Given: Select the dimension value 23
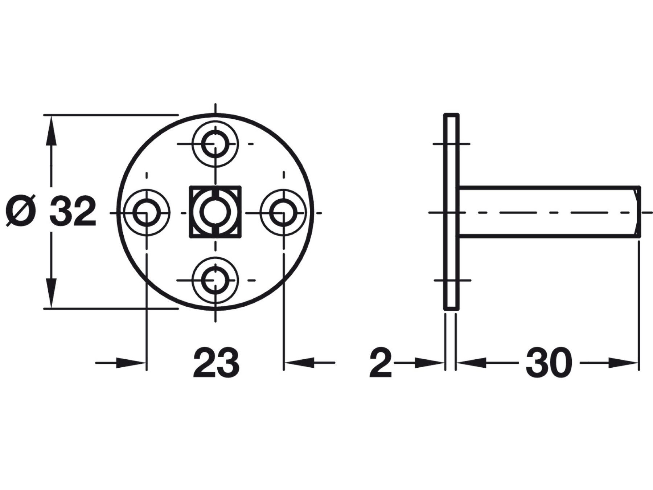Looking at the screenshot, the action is (216, 363).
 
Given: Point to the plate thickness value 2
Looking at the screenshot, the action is (381, 363).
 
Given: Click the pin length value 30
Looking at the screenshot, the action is (549, 363).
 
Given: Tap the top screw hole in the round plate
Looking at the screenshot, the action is (215, 144).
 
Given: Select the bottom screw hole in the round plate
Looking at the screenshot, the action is (215, 280).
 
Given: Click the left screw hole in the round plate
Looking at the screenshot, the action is (147, 212).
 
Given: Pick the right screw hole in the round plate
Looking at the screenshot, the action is (283, 212).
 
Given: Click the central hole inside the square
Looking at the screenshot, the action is (215, 212).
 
